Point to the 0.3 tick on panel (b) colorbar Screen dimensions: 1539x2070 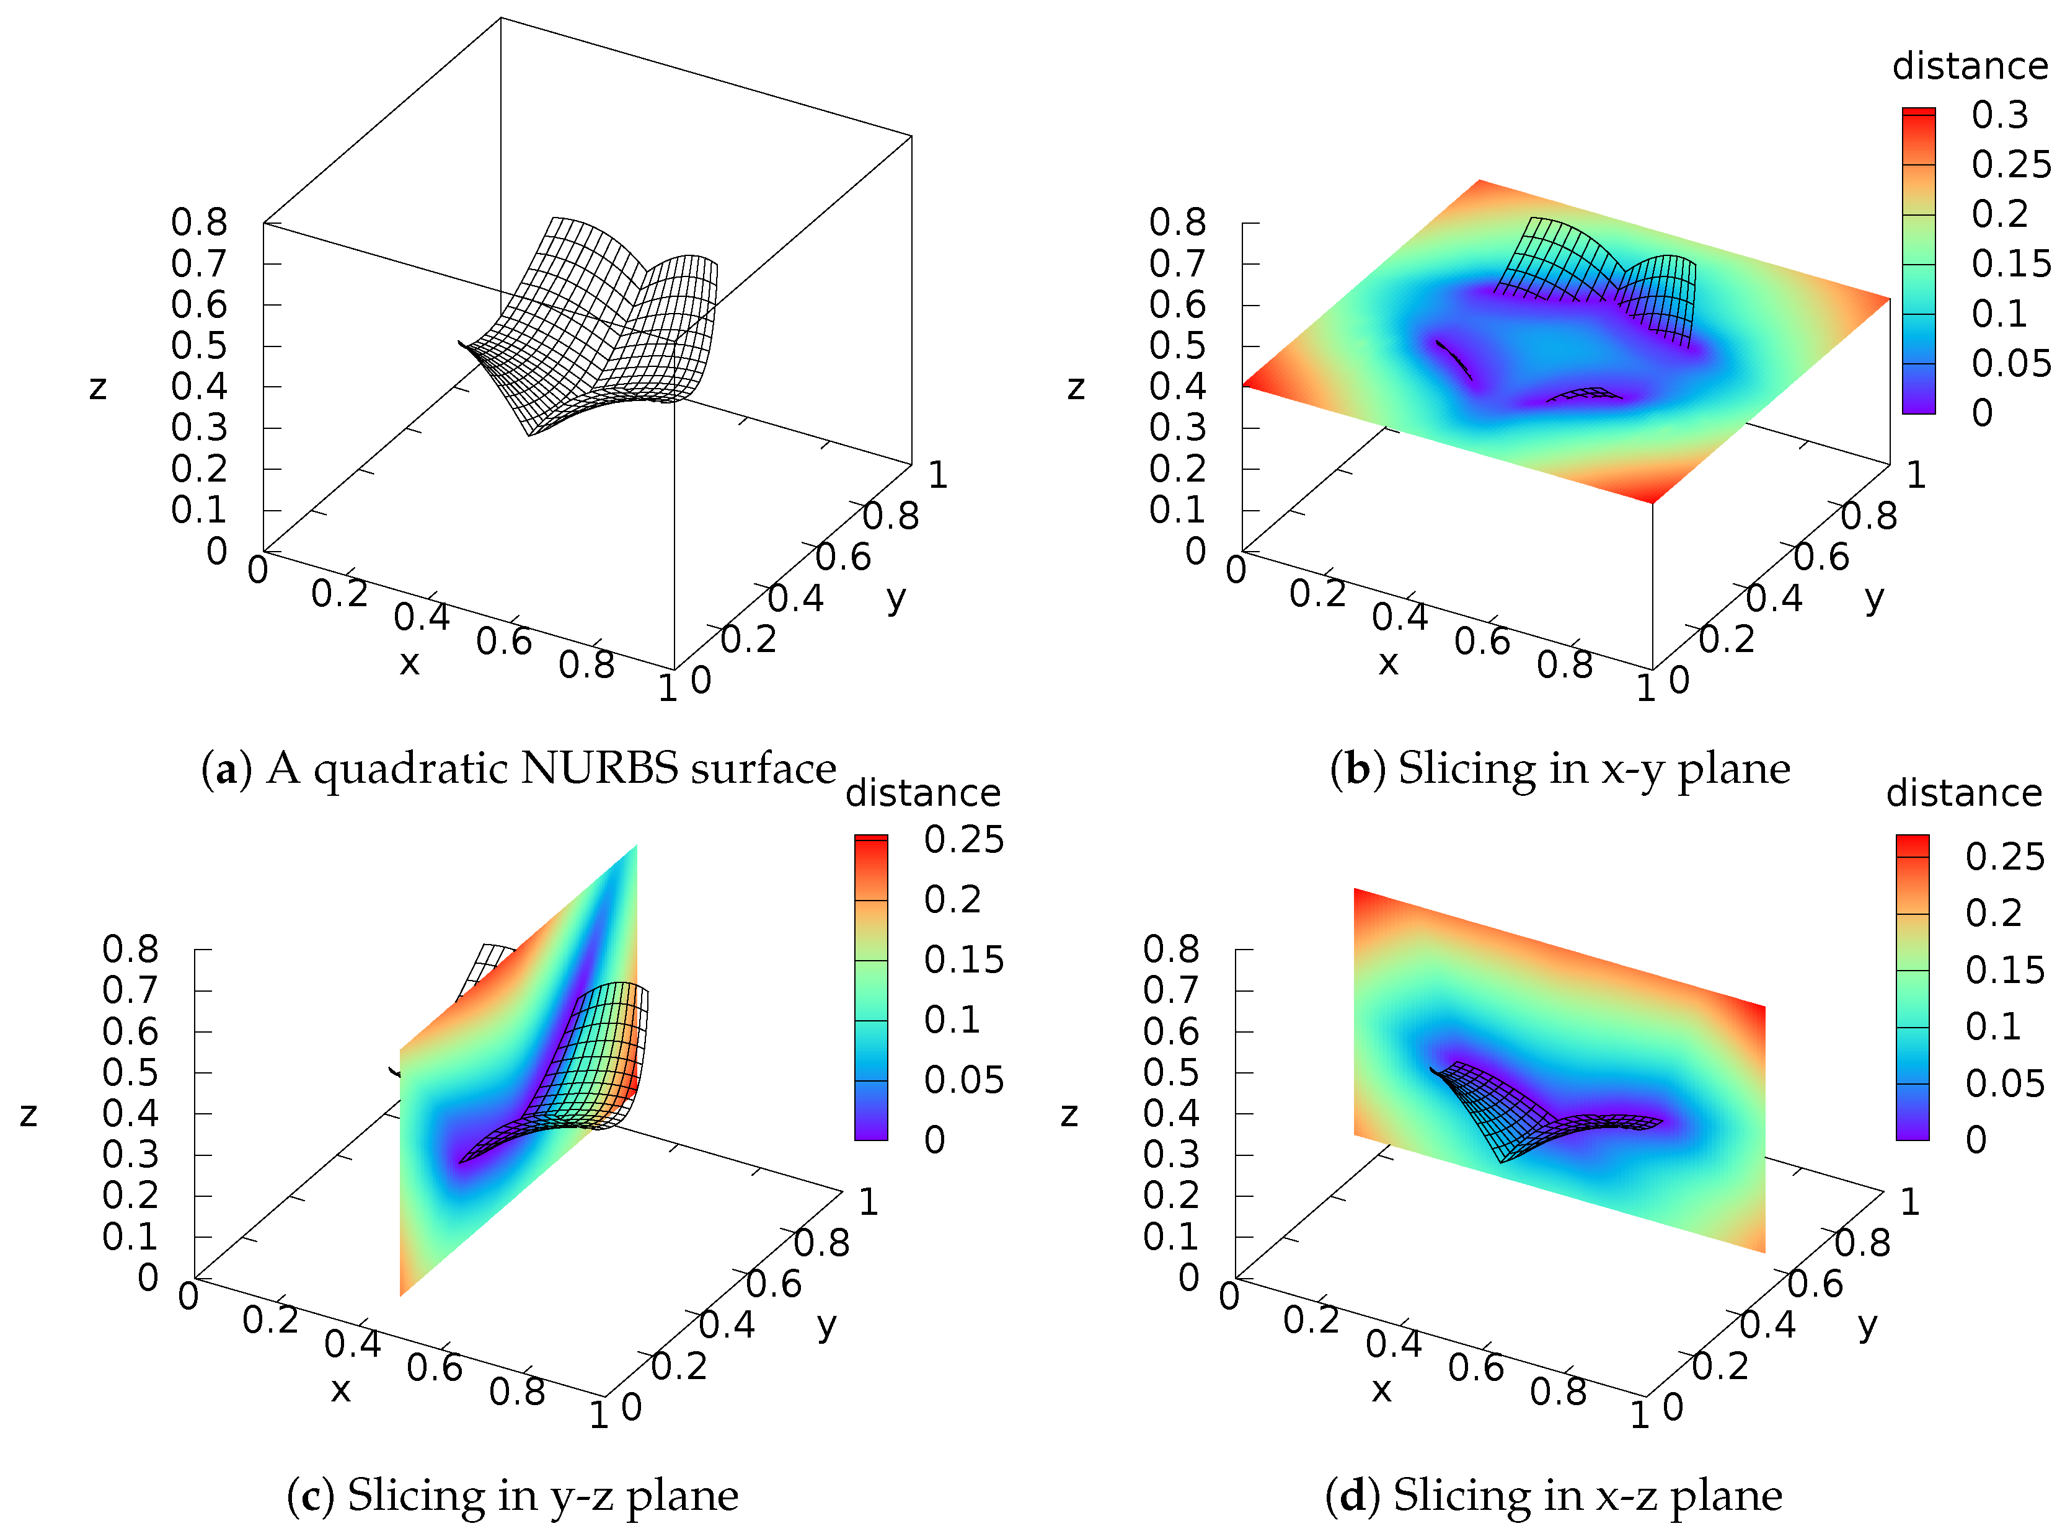1999,115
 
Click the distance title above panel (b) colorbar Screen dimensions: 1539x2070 1970,67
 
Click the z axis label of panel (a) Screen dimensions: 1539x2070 98,387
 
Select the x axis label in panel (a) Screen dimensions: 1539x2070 409,663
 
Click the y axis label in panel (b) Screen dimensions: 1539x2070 1874,598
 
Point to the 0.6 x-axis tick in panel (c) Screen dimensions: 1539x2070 434,1367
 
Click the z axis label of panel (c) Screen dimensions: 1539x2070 29,1114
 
